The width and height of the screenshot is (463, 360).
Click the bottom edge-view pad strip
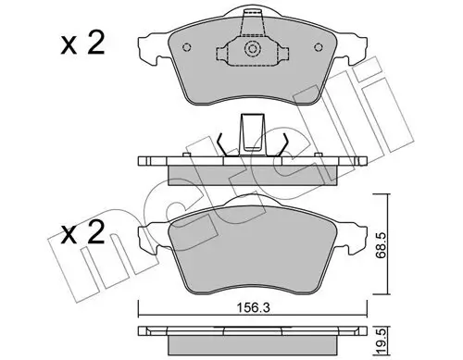tap(252, 332)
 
